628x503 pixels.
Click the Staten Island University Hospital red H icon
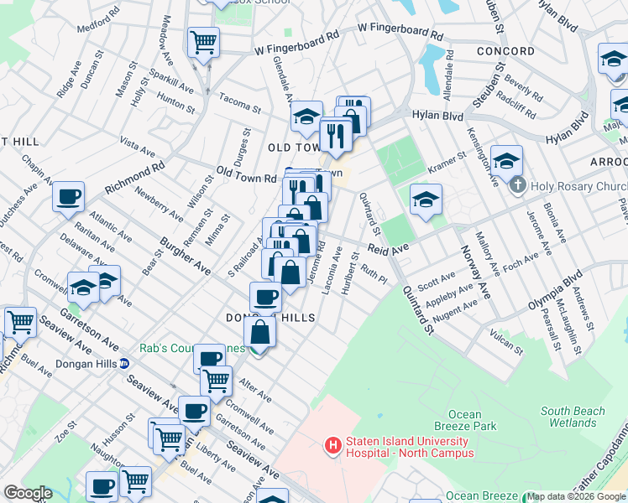coord(333,445)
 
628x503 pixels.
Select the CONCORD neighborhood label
coord(506,51)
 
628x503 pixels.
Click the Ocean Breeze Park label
coord(464,421)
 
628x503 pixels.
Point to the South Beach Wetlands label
coord(573,417)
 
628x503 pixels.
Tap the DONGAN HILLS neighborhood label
coord(270,318)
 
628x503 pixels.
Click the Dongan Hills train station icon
coord(124,364)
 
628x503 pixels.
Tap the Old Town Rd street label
coord(246,177)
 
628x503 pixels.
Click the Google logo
coord(28,493)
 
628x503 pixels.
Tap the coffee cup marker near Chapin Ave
coord(68,197)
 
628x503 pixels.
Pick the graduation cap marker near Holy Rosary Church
coord(507,160)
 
